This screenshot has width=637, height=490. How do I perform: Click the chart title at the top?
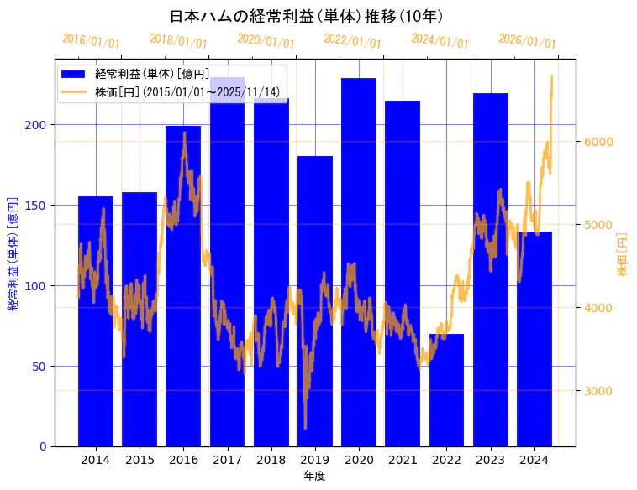(307, 16)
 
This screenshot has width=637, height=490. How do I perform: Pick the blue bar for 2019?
(315, 301)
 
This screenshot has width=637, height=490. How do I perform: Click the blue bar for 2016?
(183, 286)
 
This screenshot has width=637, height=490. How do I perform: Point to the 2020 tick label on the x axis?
(359, 460)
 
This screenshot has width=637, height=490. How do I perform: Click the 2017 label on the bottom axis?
(227, 460)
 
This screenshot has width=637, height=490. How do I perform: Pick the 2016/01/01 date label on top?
(91, 41)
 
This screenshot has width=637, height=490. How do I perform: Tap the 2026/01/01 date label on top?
(527, 41)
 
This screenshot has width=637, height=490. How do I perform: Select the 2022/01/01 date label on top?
(352, 41)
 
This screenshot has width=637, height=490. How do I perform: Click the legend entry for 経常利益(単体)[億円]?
(152, 75)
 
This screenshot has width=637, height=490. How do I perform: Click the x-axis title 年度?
(314, 476)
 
